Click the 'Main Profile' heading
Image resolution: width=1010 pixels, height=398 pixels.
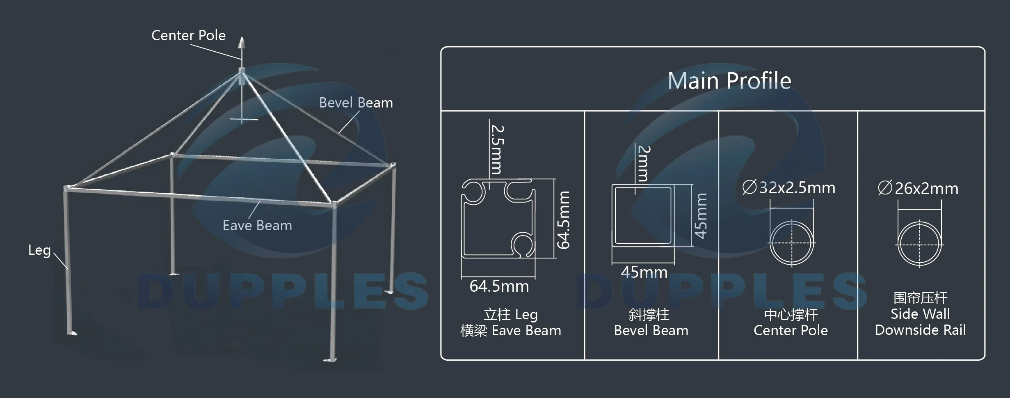(x=729, y=80)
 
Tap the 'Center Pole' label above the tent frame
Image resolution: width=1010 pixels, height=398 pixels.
(x=188, y=36)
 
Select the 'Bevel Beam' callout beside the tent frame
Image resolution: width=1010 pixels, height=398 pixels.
(x=356, y=103)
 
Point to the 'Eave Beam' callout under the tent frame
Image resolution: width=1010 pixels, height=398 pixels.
(x=257, y=225)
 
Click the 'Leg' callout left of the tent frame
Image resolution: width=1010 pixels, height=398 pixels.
(x=39, y=250)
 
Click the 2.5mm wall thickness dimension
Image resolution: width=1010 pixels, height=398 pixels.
(x=498, y=150)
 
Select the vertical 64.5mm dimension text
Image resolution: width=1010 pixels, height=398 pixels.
(x=564, y=220)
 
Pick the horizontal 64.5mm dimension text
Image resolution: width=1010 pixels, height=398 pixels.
(x=499, y=286)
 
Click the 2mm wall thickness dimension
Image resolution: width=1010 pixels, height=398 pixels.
(x=644, y=163)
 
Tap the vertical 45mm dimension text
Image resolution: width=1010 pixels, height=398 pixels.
(x=701, y=216)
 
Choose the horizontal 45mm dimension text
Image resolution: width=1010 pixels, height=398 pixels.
(x=644, y=272)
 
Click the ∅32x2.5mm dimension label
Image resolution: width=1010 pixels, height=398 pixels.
(x=788, y=188)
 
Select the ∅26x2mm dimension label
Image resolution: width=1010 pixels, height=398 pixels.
(x=918, y=189)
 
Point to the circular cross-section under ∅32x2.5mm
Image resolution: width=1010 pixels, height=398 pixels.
(x=791, y=243)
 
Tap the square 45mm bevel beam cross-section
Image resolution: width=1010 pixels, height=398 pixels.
(x=643, y=216)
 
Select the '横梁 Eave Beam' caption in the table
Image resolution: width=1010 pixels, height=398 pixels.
(x=510, y=331)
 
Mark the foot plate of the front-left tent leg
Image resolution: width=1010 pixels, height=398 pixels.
(x=72, y=333)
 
